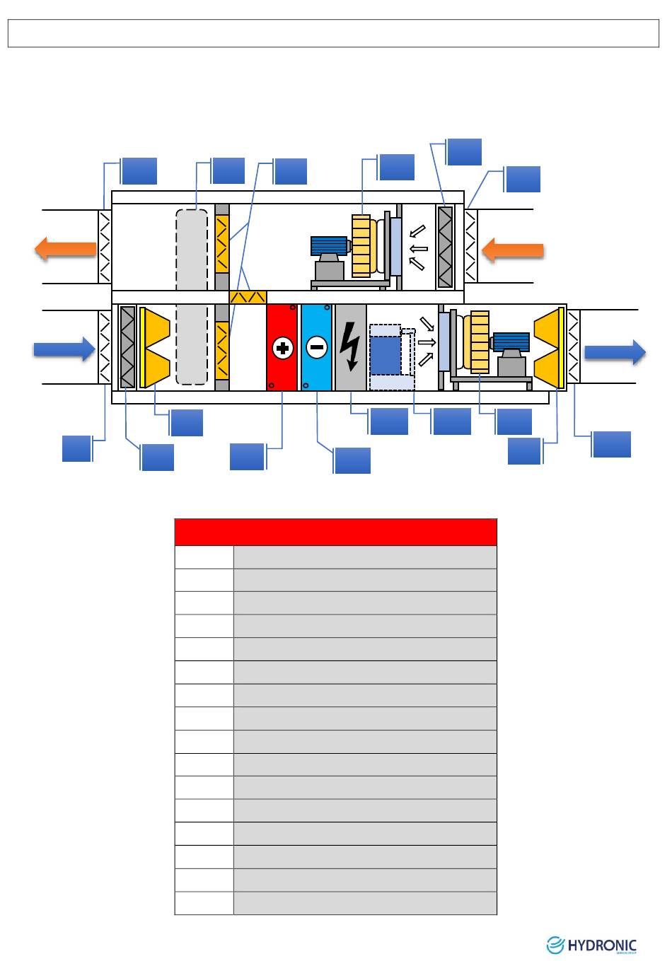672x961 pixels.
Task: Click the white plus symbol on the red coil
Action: pyautogui.click(x=282, y=348)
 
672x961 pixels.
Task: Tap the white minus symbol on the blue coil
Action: pyautogui.click(x=315, y=348)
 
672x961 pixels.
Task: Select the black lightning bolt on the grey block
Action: pyautogui.click(x=350, y=346)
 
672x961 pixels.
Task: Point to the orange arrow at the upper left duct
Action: pyautogui.click(x=65, y=249)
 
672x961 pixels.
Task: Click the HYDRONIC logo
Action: pyautogui.click(x=592, y=945)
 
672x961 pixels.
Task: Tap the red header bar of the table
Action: pyautogui.click(x=335, y=532)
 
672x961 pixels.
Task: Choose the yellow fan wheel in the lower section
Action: pyautogui.click(x=481, y=342)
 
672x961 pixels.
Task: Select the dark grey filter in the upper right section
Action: pyautogui.click(x=445, y=246)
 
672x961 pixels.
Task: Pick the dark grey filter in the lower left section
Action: pyautogui.click(x=127, y=347)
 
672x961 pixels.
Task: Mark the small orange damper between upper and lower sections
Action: pyautogui.click(x=248, y=297)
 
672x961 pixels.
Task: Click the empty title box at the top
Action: pyautogui.click(x=333, y=33)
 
